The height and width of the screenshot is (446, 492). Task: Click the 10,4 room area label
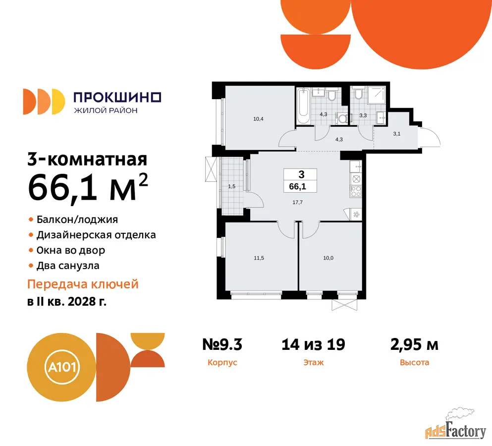(x=258, y=119)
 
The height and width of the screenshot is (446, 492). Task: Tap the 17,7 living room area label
(x=297, y=203)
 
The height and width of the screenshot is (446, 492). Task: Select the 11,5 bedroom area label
(x=259, y=258)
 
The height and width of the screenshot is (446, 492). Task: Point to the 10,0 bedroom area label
(x=328, y=258)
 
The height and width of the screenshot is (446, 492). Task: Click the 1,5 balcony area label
(x=231, y=186)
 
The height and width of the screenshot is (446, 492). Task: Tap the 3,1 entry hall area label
(x=396, y=134)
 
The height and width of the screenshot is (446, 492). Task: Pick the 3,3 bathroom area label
(x=363, y=115)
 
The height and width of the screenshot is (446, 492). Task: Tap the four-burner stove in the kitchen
(x=356, y=191)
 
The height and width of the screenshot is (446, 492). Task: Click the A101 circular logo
(x=61, y=367)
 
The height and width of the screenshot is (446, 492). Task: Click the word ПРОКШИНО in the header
(x=117, y=97)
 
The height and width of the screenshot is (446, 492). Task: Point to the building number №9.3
(x=222, y=344)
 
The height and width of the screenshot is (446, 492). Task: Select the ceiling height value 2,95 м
(x=414, y=344)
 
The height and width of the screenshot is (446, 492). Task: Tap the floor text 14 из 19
(x=313, y=344)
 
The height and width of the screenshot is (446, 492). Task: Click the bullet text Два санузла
(x=68, y=266)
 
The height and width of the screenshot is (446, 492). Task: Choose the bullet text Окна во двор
(x=70, y=250)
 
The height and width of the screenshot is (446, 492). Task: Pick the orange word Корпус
(x=222, y=363)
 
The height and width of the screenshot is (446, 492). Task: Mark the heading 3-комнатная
(x=87, y=159)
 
